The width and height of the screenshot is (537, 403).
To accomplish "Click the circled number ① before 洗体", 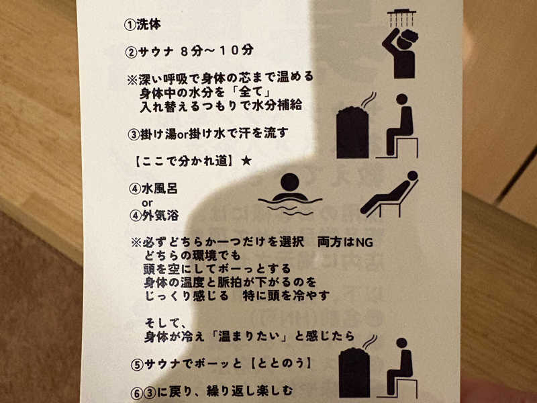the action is point(130,25).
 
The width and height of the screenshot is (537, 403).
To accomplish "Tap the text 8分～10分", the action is point(217,51).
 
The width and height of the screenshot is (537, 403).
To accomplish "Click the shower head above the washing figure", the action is point(401,18).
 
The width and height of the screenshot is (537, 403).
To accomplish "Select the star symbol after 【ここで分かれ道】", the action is point(246,161).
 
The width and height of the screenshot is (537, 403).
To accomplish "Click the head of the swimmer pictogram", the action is point(290,182).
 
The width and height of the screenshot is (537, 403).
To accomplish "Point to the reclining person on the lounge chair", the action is point(390,193).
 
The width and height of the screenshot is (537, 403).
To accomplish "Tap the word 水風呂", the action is point(160,189).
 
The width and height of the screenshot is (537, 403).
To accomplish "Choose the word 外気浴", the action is point(160,216).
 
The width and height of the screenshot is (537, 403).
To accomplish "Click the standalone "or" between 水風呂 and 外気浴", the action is point(147,203).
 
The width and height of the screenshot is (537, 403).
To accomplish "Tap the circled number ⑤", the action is point(137,365).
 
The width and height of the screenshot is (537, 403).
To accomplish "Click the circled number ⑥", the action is point(137,393).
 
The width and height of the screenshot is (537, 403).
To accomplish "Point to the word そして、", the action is point(165,323).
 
